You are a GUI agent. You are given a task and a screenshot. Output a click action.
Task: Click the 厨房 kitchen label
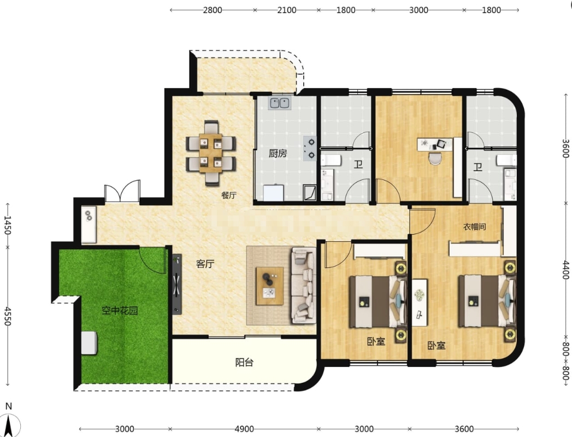278,153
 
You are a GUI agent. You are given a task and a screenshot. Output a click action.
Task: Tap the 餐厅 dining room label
229,195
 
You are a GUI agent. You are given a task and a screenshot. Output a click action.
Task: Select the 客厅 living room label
205,264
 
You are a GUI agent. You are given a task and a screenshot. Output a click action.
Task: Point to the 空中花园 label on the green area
120,311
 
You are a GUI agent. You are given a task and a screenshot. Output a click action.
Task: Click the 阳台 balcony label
244,363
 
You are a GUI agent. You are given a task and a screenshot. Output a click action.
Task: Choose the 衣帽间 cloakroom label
475,227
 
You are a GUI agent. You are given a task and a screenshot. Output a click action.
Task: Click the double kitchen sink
279,103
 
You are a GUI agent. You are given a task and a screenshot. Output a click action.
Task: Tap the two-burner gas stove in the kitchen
310,149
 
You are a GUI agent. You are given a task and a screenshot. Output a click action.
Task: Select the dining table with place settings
210,153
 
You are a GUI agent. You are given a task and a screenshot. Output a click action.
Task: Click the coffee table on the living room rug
269,286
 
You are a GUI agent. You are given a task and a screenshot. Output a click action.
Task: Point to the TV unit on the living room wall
176,284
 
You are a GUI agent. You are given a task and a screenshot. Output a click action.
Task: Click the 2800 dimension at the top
213,10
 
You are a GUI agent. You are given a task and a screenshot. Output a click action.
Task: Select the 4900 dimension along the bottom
244,429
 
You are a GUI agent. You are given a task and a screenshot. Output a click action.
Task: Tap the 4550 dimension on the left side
8,316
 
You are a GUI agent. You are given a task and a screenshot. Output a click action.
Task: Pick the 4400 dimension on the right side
565,270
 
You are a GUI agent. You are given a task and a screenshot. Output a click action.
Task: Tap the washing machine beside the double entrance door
89,225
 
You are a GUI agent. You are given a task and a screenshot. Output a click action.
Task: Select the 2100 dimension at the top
286,10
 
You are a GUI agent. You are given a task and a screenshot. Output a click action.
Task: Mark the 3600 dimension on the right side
565,148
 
